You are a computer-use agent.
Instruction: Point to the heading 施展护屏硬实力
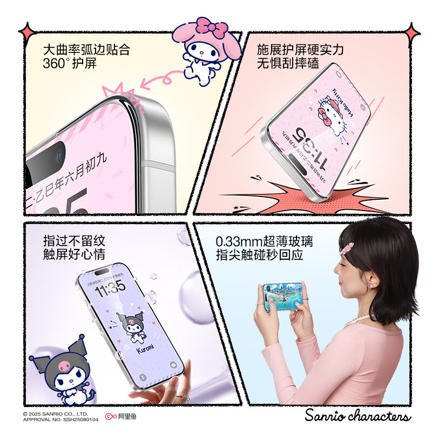click(x=300, y=50)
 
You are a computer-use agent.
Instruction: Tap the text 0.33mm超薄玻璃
click(x=264, y=241)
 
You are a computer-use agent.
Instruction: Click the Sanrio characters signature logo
click(x=357, y=416)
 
